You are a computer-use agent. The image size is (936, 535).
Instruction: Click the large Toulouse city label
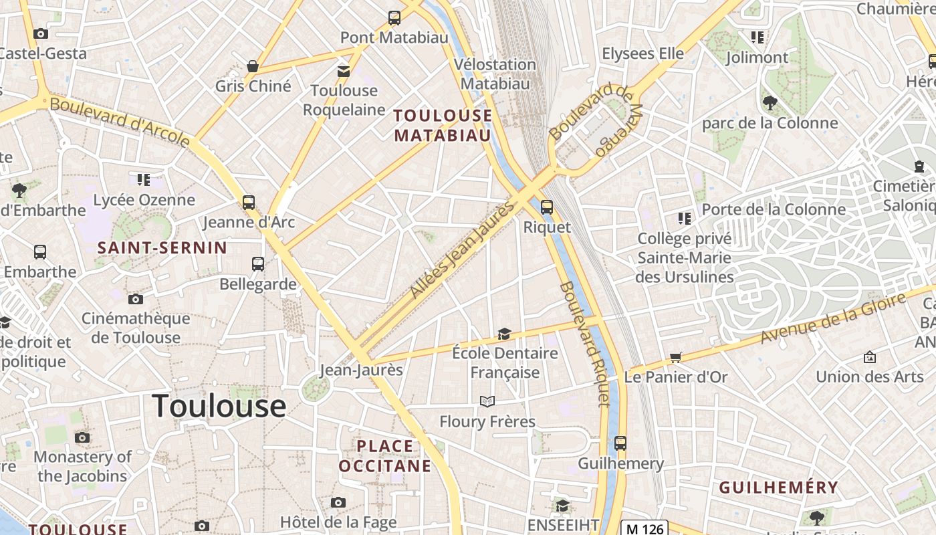[x=219, y=407]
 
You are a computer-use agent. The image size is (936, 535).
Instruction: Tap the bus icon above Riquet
[x=547, y=207]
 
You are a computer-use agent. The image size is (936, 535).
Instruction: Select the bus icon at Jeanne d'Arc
[x=249, y=202]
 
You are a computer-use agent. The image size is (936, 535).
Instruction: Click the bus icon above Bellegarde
[x=258, y=264]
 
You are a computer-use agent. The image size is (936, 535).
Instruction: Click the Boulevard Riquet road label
[x=586, y=344]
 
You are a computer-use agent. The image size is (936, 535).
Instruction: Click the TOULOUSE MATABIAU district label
[x=443, y=125]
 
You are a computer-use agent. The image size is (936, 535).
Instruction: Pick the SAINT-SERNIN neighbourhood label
[x=162, y=248]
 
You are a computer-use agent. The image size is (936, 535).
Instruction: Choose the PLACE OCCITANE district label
[x=384, y=455]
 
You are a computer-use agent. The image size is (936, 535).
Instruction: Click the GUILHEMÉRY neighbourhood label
[x=778, y=488]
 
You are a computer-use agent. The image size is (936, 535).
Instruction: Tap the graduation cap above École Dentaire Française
[x=504, y=334]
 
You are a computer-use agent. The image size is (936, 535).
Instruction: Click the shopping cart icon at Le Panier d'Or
[x=675, y=358]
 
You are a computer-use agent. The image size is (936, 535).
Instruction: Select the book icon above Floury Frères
[x=487, y=401]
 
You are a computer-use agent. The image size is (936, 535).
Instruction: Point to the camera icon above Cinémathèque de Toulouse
[x=136, y=299]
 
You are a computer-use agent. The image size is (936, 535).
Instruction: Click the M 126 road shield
[x=645, y=528]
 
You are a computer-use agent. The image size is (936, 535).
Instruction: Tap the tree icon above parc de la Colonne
[x=770, y=103]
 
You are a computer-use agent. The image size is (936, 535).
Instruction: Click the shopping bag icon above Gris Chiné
[x=253, y=66]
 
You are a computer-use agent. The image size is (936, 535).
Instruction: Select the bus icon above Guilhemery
[x=620, y=443]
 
